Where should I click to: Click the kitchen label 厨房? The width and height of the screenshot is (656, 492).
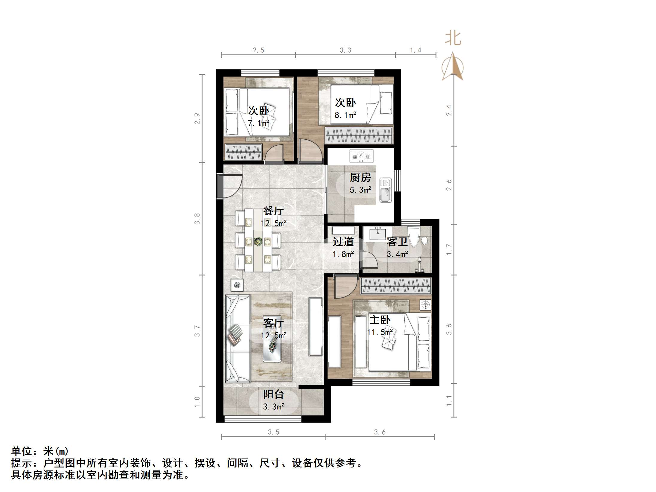click(360, 178)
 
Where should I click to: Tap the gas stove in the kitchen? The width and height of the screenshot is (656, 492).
click(361, 156)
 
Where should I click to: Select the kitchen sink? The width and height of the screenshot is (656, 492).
click(386, 190)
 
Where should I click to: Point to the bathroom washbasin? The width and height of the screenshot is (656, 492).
click(378, 234)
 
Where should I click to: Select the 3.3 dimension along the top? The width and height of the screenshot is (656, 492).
click(345, 50)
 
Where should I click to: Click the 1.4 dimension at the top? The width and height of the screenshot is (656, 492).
click(415, 50)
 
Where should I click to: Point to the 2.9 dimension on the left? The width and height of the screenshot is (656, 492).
click(197, 118)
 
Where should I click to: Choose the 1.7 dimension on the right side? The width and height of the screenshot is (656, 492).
click(449, 249)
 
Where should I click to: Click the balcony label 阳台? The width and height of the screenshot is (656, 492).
click(273, 394)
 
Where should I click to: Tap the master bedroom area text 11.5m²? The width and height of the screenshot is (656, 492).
click(380, 332)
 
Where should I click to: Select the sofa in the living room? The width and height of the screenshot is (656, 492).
click(238, 338)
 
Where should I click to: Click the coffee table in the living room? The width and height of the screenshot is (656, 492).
click(272, 339)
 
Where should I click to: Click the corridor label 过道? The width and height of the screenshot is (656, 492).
click(343, 242)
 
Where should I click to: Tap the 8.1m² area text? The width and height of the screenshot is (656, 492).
click(345, 115)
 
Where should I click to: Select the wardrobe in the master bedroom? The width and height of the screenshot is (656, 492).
click(395, 286)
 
